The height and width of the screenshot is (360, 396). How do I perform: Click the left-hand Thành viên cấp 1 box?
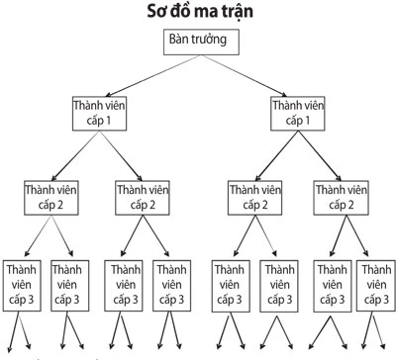(x=101, y=112)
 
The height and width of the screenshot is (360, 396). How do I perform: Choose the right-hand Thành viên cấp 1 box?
(x=298, y=112)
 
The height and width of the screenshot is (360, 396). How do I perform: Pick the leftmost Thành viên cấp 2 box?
(x=52, y=195)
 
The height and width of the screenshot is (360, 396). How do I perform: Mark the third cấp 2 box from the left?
(x=255, y=195)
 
